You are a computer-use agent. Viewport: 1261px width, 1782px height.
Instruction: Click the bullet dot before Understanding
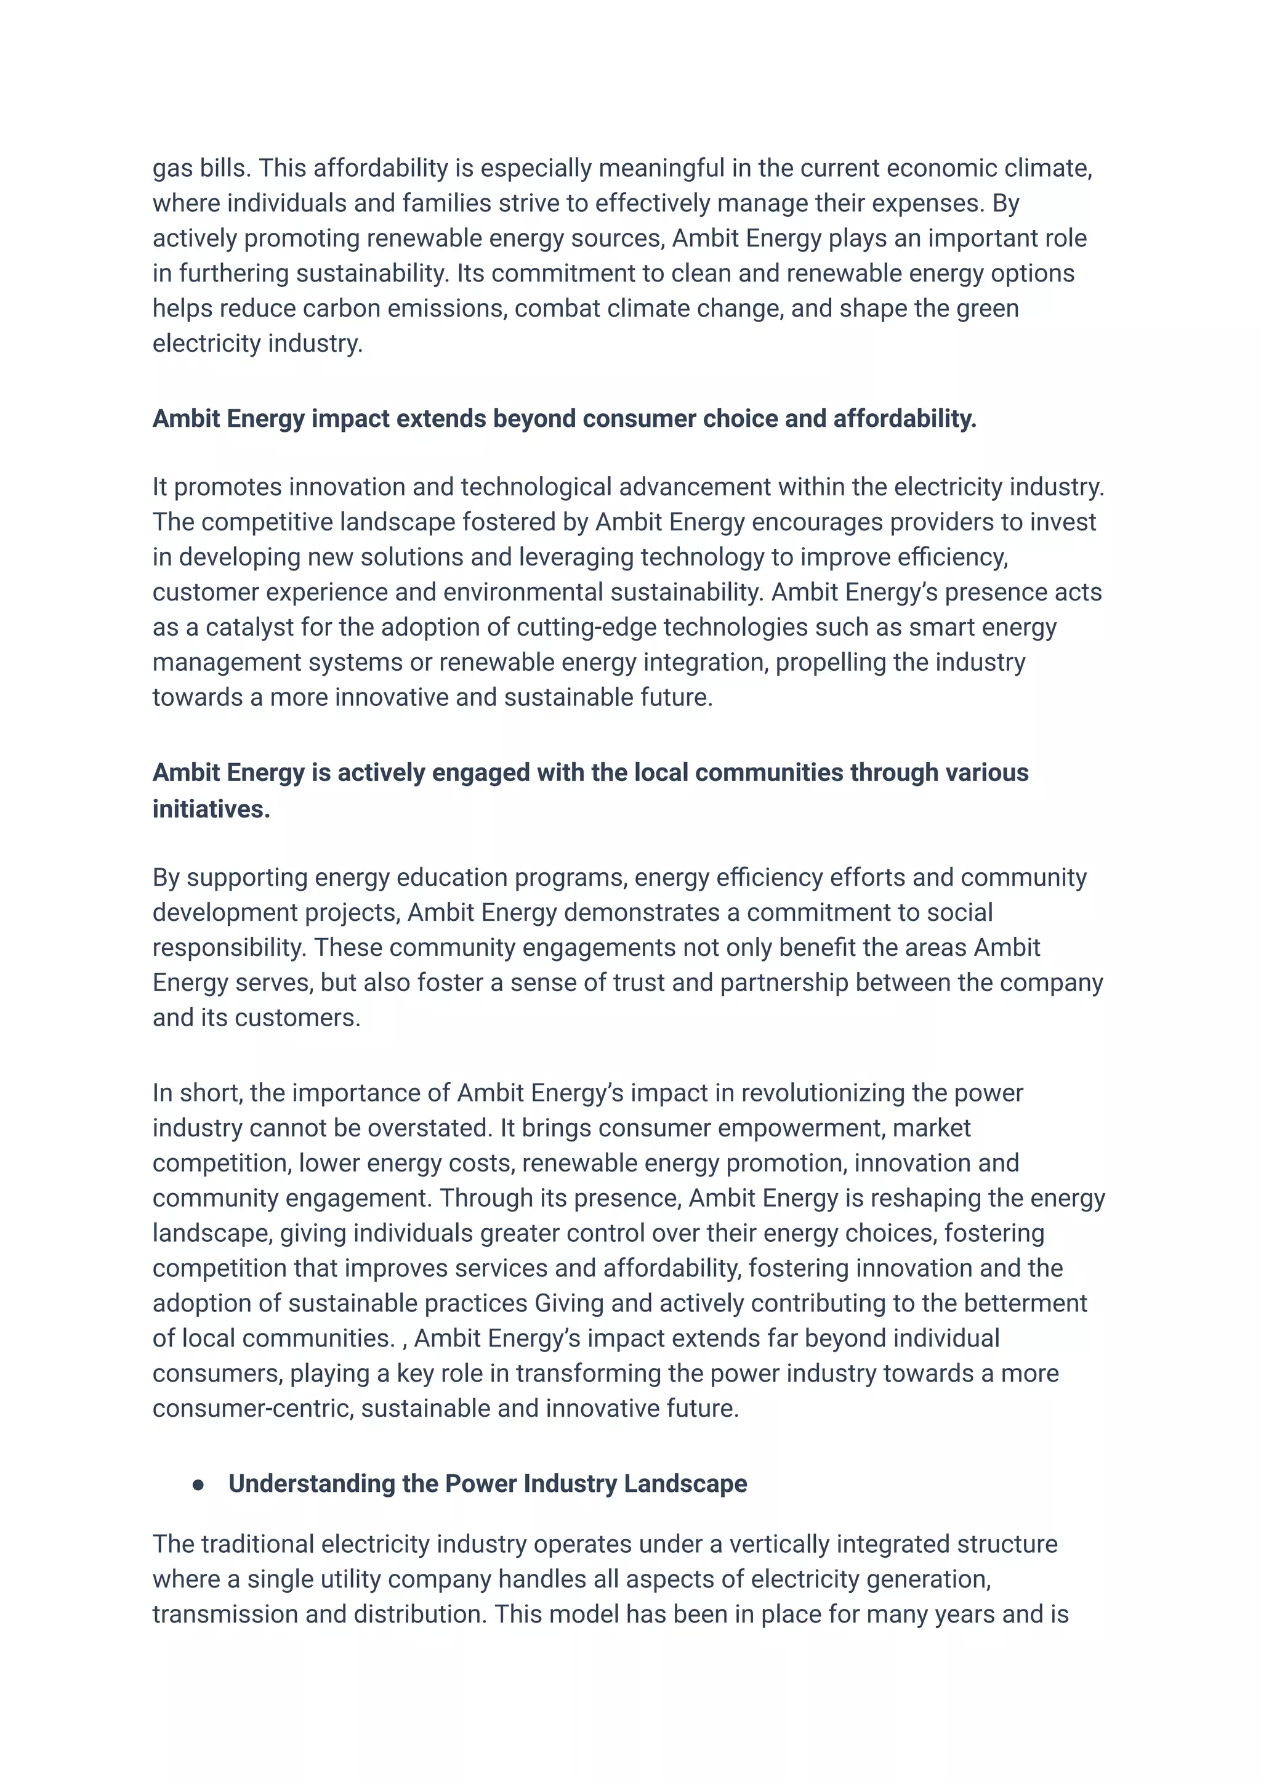(x=198, y=1484)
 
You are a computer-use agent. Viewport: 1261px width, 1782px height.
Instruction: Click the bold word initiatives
(x=211, y=809)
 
